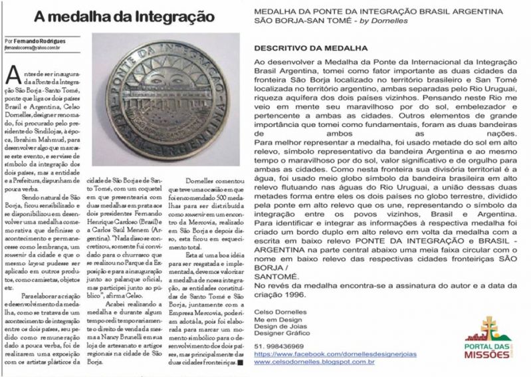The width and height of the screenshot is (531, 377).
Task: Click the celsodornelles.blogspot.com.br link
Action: pyautogui.click(x=314, y=362)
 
